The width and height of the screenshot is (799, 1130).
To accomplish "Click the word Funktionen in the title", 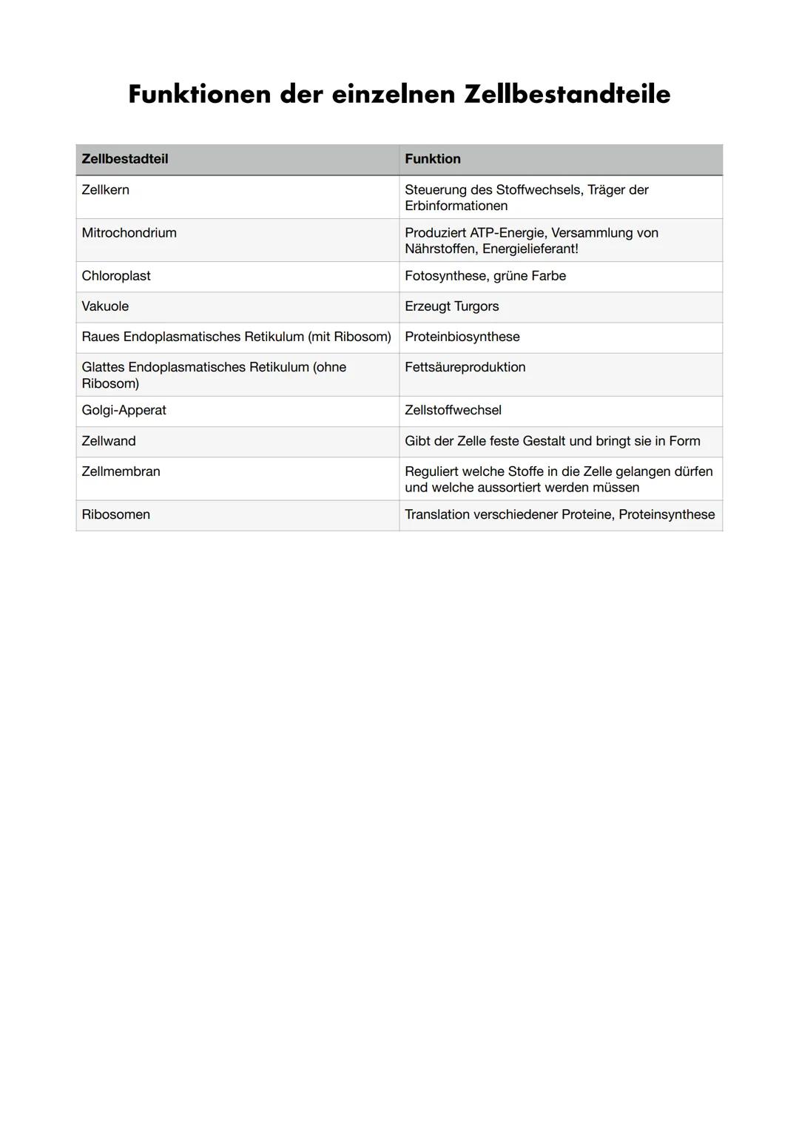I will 198,95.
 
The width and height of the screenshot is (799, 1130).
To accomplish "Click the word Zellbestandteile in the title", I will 567,95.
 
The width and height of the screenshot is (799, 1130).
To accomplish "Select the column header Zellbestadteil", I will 124,159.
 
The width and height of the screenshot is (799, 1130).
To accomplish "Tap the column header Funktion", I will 432,159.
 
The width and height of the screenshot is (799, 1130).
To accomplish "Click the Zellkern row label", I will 105,190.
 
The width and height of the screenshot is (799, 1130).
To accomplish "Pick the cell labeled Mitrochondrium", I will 129,233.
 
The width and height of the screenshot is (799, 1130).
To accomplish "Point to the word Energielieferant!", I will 530,249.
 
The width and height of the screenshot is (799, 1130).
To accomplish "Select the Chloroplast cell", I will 115,276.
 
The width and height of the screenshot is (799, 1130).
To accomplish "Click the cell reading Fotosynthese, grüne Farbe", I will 485,276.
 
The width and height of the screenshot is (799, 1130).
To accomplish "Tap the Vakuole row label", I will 105,306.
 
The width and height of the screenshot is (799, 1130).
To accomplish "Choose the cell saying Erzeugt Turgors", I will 451,306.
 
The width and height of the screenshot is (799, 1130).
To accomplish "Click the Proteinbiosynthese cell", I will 462,337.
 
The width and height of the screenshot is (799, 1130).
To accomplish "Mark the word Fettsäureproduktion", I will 465,367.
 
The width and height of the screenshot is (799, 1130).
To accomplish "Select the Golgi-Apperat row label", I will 124,411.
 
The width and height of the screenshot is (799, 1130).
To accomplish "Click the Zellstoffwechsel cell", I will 453,411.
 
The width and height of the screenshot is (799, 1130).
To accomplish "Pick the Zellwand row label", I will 109,441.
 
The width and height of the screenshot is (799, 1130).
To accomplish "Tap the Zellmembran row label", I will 121,471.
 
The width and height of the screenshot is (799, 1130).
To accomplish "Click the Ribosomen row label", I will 115,514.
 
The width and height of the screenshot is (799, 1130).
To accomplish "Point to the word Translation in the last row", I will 436,514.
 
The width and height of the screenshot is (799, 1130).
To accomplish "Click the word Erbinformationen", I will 456,206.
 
